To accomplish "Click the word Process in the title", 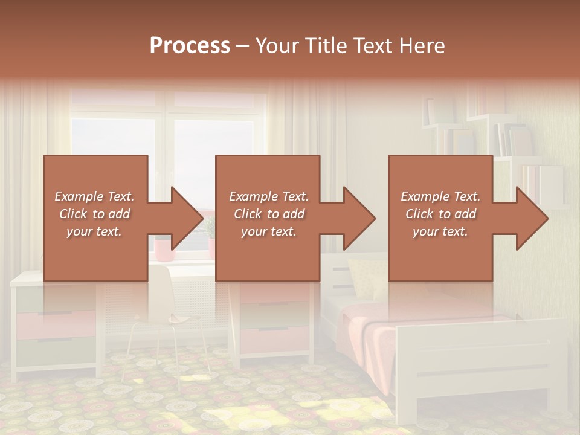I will point(190,46).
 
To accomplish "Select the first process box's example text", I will point(94,214).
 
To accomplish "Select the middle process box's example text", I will point(268,214).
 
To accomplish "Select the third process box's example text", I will point(440,214).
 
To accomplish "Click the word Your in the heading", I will point(277,46).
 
